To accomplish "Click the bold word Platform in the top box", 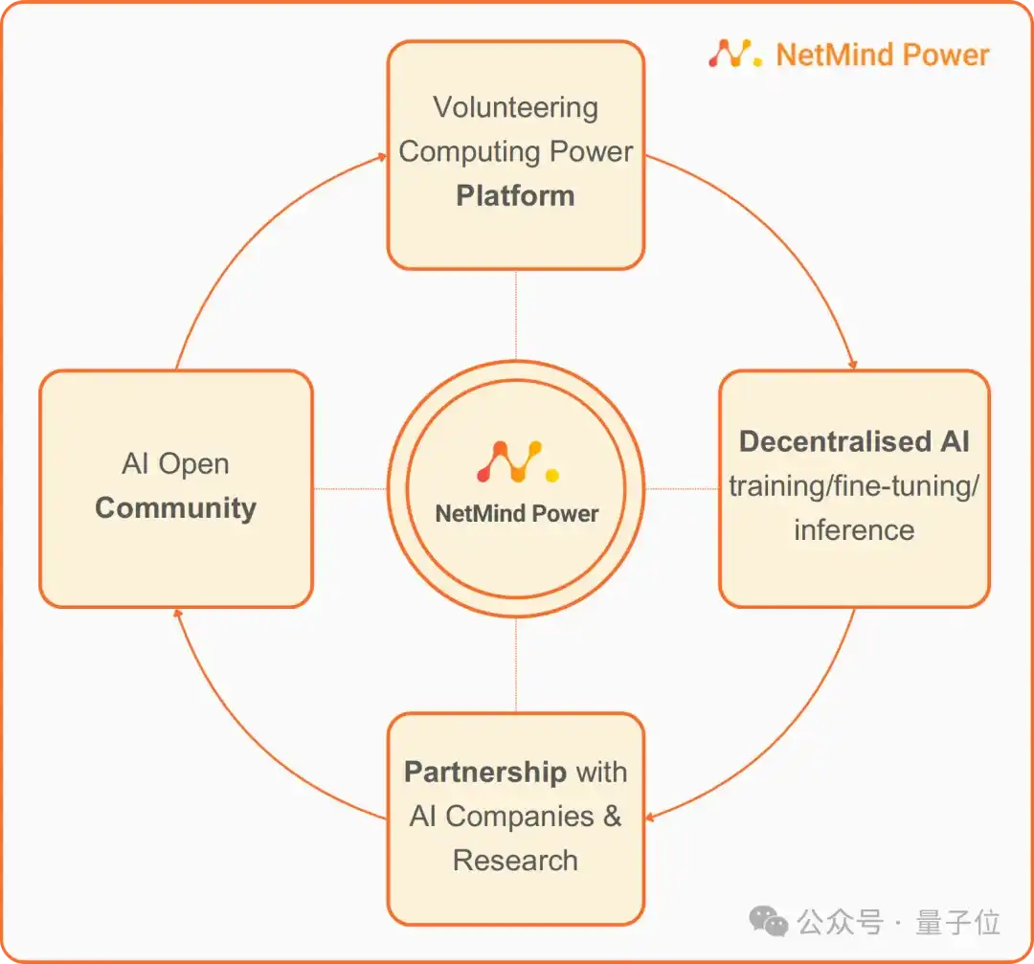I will [515, 196].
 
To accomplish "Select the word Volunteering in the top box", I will [515, 107].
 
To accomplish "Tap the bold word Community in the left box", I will [175, 507].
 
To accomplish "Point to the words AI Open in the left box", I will [175, 464].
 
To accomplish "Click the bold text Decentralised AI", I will [854, 441].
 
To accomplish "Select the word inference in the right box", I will [854, 529].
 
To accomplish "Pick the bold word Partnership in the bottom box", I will [484, 772].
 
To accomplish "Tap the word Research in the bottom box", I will [515, 860].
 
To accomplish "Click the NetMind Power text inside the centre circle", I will [516, 514].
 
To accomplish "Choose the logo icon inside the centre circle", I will [517, 461].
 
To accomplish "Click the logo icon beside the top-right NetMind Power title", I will [734, 54].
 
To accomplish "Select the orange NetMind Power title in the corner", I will [882, 55].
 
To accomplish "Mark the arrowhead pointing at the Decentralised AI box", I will [852, 364].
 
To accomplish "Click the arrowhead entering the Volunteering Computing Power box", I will [381, 159].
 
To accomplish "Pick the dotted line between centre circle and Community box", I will [349, 489].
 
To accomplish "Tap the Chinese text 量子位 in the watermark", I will [957, 922].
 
